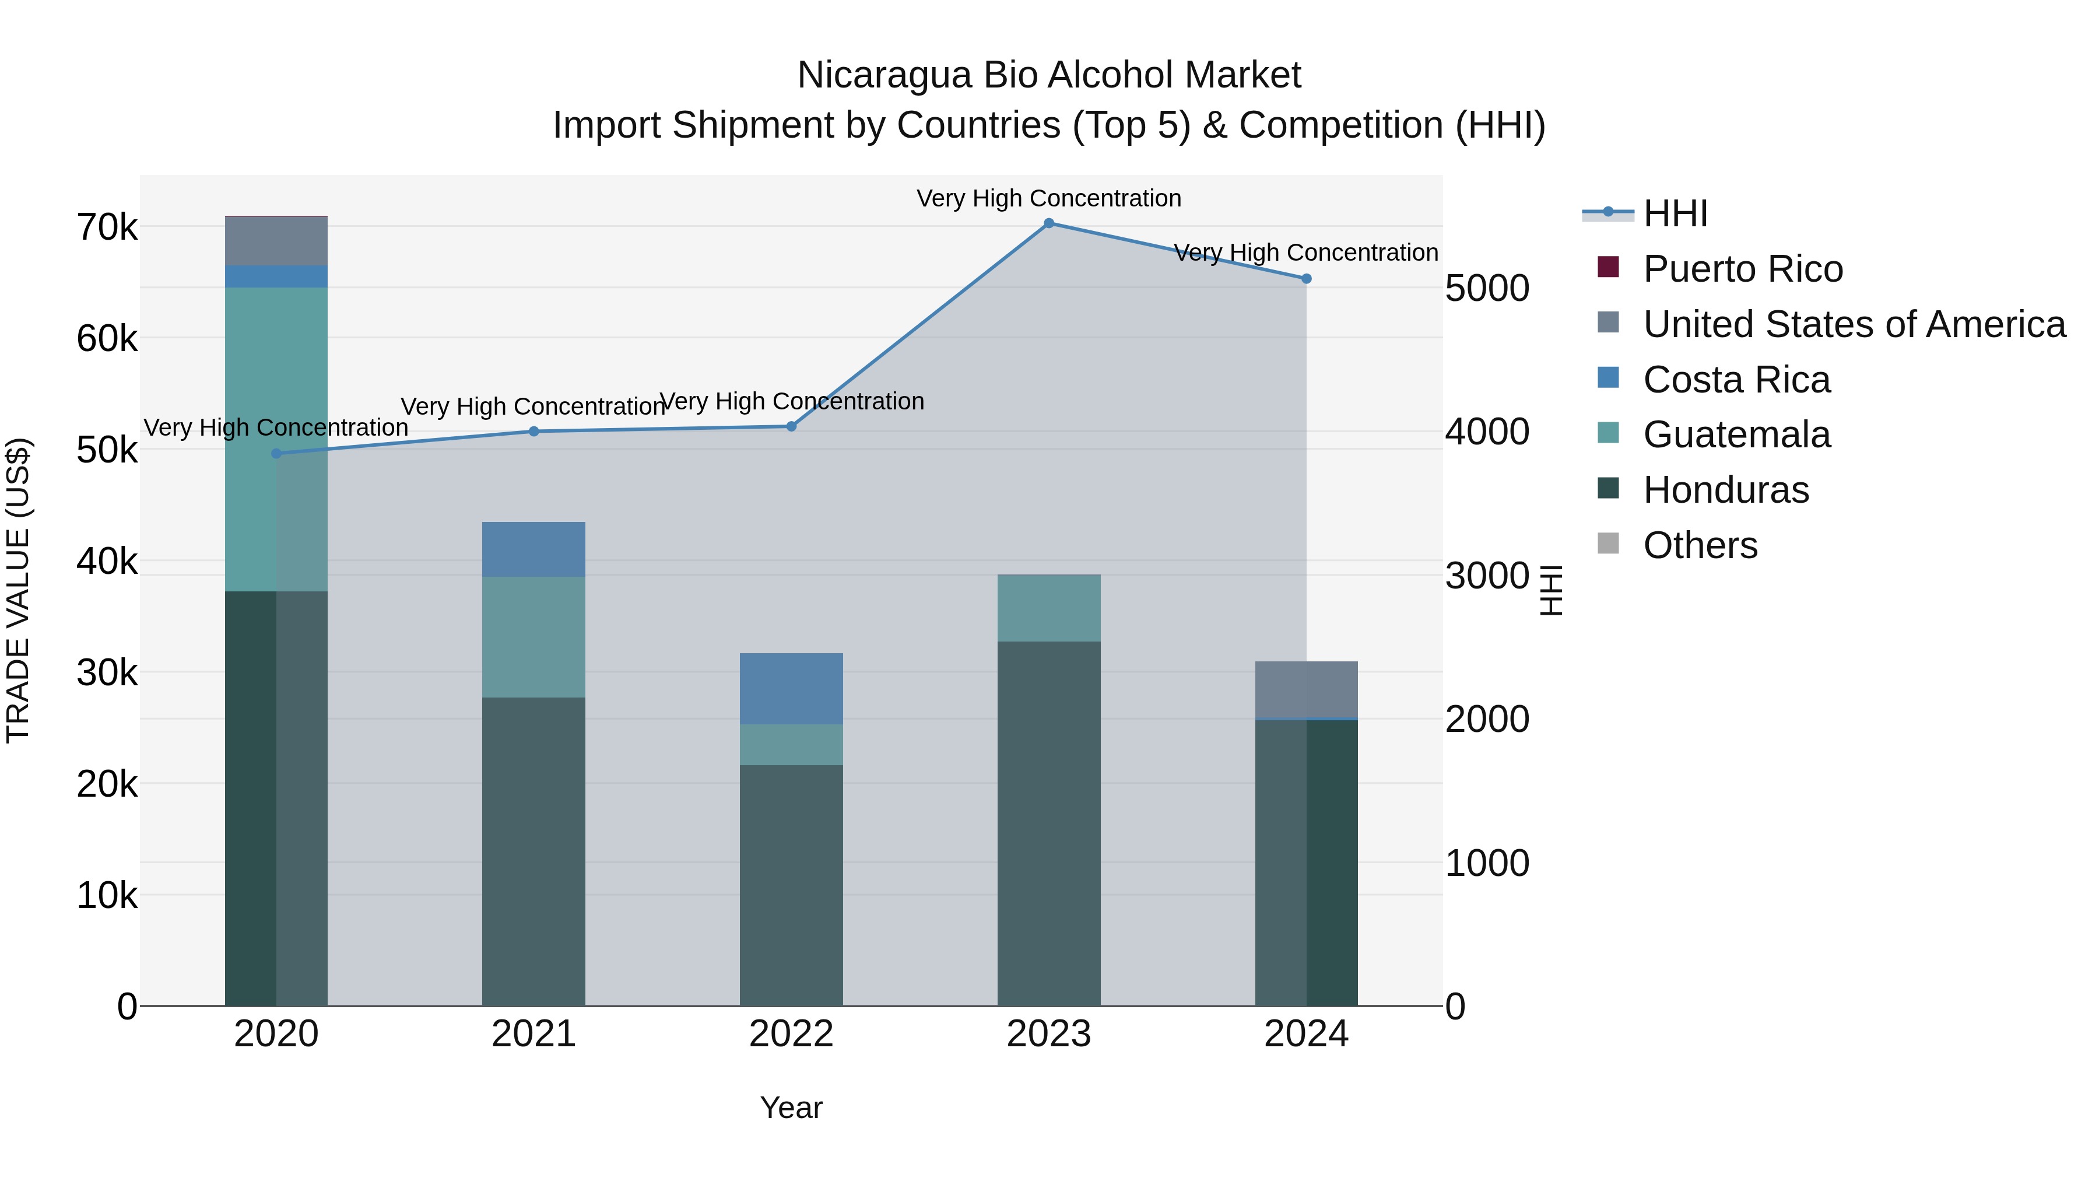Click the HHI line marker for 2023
[x=1049, y=223]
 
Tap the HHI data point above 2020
[x=276, y=453]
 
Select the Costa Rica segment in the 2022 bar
[x=791, y=689]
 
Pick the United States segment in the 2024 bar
[x=1306, y=689]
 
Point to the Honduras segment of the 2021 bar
[x=533, y=851]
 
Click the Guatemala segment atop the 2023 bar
[x=1049, y=608]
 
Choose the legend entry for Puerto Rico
[x=1742, y=269]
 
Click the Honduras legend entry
[x=1725, y=490]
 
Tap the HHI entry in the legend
[x=1675, y=213]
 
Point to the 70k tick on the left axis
[x=107, y=227]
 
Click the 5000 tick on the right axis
[x=1487, y=289]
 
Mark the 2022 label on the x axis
[x=791, y=1034]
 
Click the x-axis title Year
[x=791, y=1108]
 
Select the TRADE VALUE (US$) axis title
[x=18, y=590]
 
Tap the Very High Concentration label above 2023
[x=1049, y=198]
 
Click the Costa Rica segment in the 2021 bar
[x=533, y=549]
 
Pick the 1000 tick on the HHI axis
[x=1487, y=863]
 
